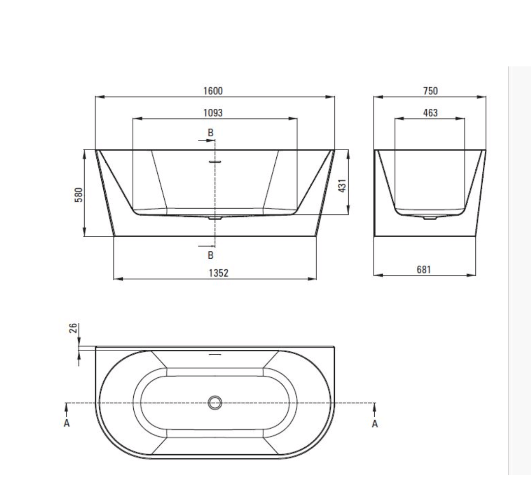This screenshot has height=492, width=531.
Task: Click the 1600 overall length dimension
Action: coord(213,91)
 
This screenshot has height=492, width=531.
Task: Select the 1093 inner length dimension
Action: coord(213,113)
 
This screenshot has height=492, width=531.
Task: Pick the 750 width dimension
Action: coord(430,91)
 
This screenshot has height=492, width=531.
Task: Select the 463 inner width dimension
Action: coord(430,113)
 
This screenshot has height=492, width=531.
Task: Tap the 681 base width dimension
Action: coord(423,270)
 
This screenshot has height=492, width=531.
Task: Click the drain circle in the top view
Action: coord(215,402)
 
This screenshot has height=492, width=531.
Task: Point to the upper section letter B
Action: coord(210,132)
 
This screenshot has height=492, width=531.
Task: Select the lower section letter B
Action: coord(210,255)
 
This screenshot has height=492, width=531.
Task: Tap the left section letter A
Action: coord(67,423)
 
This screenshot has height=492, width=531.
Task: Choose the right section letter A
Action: coord(375,423)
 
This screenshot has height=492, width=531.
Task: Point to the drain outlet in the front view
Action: coord(215,217)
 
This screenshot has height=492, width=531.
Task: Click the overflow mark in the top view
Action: coord(215,353)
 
